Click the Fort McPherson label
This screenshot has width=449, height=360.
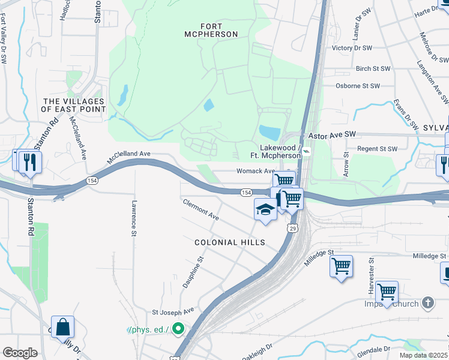203,30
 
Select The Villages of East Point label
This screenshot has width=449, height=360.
74,105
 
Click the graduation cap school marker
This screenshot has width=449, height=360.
265,210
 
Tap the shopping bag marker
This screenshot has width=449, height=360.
62,328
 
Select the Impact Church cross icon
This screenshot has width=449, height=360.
427,303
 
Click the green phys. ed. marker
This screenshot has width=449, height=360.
178,328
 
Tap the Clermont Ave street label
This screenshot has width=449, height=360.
201,210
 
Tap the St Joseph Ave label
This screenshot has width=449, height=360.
173,311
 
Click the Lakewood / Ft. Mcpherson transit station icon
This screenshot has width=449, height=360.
306,152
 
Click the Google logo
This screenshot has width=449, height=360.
20,352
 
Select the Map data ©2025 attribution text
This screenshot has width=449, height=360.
423,355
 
